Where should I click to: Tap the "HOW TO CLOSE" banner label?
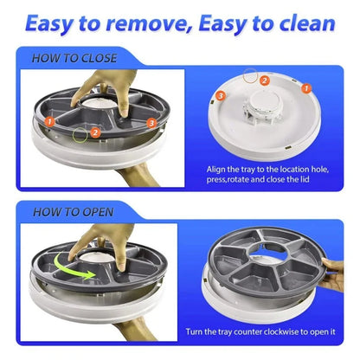point(75,60)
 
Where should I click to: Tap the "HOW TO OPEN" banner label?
point(72,210)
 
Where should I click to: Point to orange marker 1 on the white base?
point(305,87)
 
